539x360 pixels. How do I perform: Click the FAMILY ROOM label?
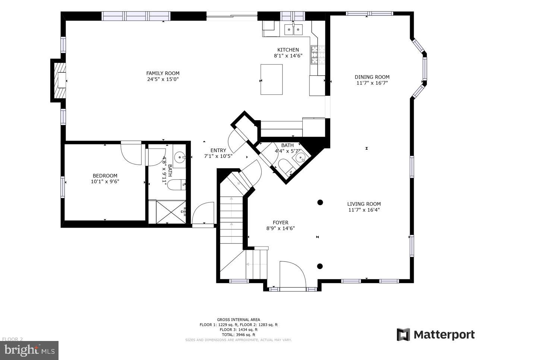163,73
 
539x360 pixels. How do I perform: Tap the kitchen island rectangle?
271,79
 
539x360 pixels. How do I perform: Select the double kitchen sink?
293,29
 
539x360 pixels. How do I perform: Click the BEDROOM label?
105,176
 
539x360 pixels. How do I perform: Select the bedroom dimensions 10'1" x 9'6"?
105,182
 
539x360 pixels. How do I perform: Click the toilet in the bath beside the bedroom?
176,184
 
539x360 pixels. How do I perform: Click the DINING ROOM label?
372,77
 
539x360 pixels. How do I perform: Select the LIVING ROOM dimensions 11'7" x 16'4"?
364,210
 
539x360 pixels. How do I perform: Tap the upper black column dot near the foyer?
320,203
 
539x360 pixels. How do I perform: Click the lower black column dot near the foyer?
320,266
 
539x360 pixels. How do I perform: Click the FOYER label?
280,223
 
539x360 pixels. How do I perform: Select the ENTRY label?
218,151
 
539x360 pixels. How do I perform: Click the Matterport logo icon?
403,335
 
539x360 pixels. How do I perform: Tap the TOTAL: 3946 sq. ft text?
239,335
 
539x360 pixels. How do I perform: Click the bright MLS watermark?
29,350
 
